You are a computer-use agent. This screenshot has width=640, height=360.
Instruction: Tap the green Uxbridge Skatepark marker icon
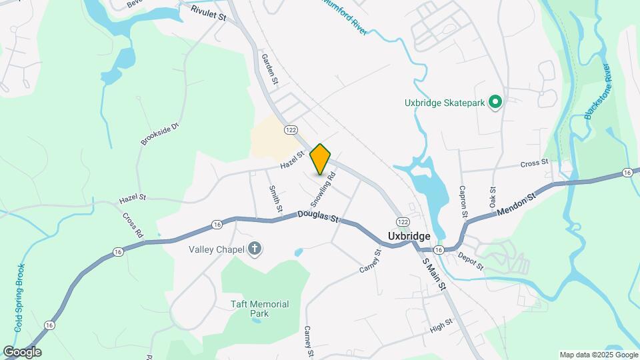[495, 103]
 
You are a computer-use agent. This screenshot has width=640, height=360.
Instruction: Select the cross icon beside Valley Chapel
[254, 250]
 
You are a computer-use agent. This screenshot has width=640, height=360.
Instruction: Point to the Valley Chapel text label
[217, 250]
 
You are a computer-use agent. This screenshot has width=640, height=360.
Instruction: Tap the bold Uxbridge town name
[409, 236]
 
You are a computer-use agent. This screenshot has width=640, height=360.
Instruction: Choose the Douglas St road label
[319, 217]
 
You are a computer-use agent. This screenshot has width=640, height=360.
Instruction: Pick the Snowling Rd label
[323, 189]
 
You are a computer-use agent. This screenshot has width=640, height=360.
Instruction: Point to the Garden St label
[269, 69]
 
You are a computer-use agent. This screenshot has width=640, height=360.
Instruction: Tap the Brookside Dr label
[160, 133]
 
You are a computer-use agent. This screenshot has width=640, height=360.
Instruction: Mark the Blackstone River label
[597, 92]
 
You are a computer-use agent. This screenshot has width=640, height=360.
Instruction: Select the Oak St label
[493, 195]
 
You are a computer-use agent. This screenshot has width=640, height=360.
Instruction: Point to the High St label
[441, 325]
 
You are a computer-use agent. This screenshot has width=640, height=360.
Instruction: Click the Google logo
[22, 352]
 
